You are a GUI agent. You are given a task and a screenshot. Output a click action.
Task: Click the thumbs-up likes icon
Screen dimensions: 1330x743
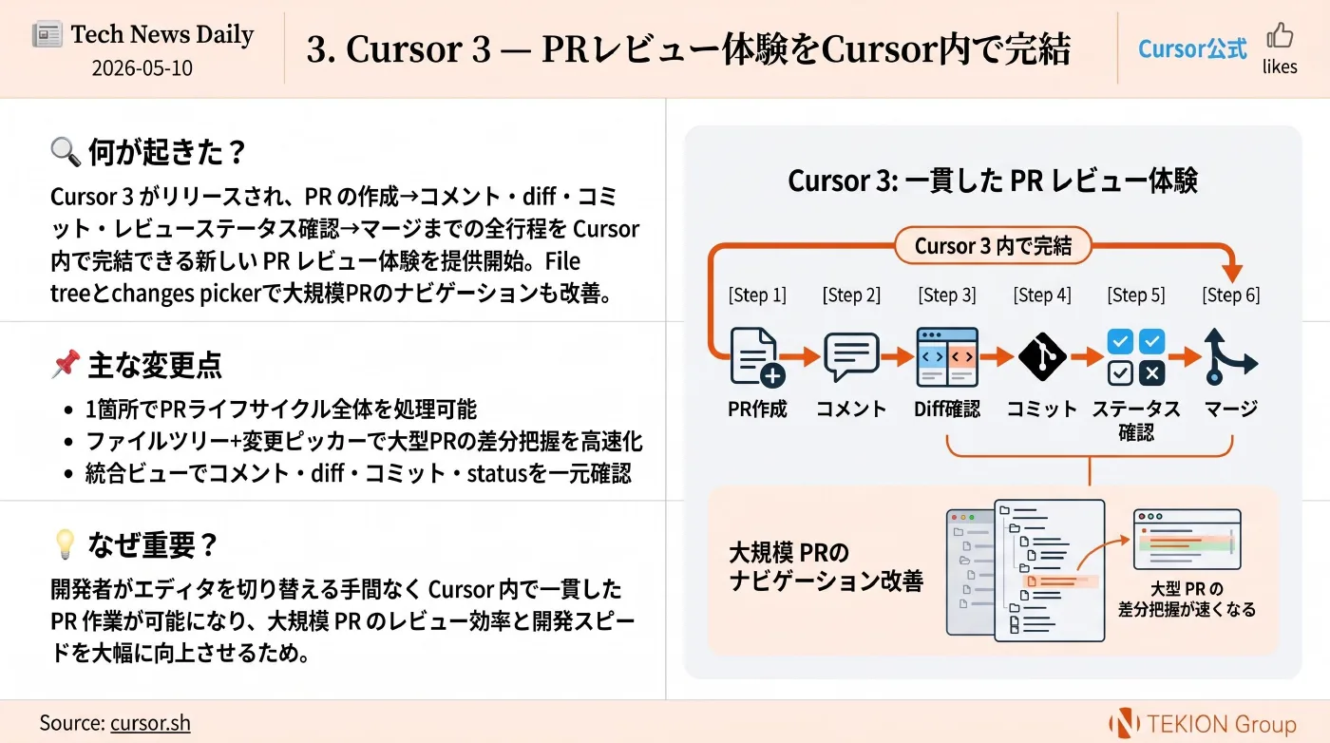(1280, 35)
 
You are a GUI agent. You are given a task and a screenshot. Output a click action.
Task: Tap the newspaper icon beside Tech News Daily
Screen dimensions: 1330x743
(47, 34)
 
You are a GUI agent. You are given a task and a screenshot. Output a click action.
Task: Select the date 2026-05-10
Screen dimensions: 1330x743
(142, 67)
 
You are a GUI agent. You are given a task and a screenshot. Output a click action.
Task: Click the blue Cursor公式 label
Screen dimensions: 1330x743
(1192, 48)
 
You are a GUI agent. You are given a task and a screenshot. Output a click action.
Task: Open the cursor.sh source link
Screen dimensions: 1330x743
(150, 723)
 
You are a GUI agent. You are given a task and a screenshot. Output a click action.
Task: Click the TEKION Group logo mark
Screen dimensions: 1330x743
(1124, 723)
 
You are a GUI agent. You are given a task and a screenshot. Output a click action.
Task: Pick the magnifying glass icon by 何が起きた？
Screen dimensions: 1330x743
(66, 151)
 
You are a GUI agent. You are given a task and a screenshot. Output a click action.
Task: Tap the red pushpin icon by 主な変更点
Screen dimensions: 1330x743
(66, 364)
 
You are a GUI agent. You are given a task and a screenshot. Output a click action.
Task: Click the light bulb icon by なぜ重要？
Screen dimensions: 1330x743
(65, 543)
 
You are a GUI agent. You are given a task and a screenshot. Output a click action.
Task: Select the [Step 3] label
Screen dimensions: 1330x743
(947, 295)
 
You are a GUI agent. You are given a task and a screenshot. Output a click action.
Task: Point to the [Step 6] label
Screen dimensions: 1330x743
(1231, 295)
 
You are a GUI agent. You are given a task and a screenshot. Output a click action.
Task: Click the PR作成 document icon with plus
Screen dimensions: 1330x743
(757, 357)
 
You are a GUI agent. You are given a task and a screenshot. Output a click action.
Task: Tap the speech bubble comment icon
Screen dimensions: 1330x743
(851, 357)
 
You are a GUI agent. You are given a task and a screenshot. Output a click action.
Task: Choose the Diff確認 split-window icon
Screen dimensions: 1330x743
(947, 357)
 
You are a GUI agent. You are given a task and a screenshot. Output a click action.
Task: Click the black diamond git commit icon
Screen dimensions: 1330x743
(1042, 356)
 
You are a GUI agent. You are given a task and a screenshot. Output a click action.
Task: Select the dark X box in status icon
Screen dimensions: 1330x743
(1151, 373)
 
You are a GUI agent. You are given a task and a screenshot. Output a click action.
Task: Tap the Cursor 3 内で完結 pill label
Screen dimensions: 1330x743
(994, 245)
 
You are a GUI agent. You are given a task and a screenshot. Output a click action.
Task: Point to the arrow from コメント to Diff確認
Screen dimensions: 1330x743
(898, 356)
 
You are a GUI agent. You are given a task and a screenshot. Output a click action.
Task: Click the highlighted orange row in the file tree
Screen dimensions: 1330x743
(1060, 581)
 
